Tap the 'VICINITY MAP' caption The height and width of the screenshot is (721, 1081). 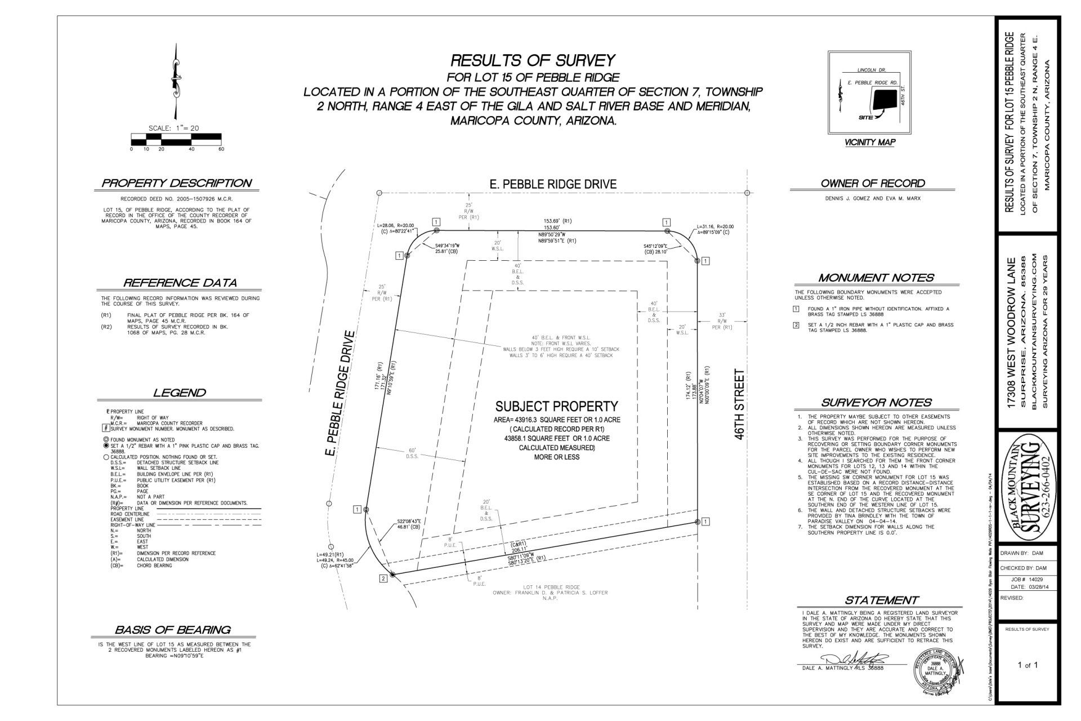click(x=870, y=143)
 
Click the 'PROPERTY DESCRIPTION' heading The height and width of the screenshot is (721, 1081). click(x=176, y=183)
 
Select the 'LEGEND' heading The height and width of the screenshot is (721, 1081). click(x=180, y=393)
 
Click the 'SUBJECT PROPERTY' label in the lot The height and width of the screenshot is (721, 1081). click(x=556, y=406)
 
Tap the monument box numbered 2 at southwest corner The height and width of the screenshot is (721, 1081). click(x=383, y=578)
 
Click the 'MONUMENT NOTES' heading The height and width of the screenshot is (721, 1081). click(x=876, y=278)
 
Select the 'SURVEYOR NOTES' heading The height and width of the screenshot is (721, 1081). click(x=876, y=403)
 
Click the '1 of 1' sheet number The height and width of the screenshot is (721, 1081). click(x=1028, y=665)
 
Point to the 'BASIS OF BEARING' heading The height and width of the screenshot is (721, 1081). click(x=172, y=630)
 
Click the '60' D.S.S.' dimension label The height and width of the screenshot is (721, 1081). click(x=412, y=453)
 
